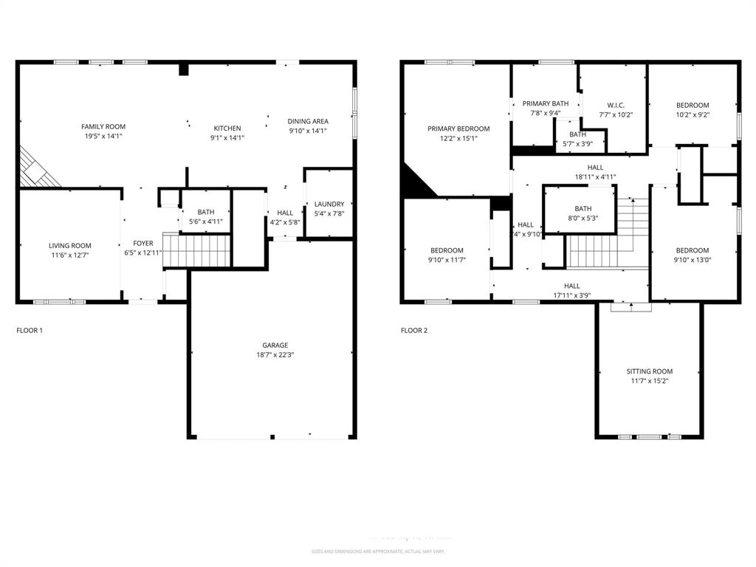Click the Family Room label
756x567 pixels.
(x=103, y=127)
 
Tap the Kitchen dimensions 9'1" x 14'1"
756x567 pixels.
(x=227, y=138)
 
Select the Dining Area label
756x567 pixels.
(x=308, y=121)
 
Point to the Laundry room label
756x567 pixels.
(x=329, y=205)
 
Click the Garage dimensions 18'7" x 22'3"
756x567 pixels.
(x=275, y=355)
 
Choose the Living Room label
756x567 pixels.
(x=70, y=246)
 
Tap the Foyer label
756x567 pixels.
(x=143, y=243)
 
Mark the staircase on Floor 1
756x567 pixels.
(x=196, y=250)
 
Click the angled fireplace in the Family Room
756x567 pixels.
(x=37, y=168)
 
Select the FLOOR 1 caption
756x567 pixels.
(x=30, y=331)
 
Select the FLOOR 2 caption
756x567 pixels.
(x=414, y=331)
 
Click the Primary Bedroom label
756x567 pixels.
(x=458, y=128)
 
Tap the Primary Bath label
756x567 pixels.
(x=546, y=103)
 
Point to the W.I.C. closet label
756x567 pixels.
(x=616, y=105)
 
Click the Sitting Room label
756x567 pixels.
(x=650, y=371)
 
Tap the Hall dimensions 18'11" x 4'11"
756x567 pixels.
(x=595, y=177)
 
